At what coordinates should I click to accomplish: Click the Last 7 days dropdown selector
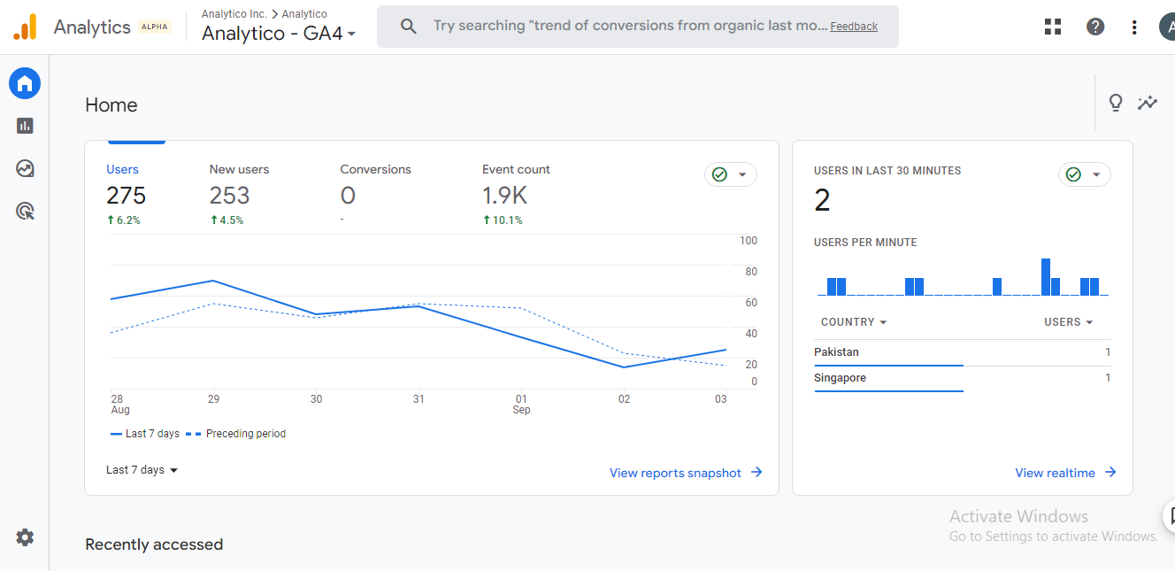point(142,470)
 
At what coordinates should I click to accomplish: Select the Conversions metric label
point(375,169)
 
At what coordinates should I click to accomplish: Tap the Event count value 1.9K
point(504,196)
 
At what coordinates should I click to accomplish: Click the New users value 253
point(229,196)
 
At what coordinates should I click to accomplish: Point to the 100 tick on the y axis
point(749,241)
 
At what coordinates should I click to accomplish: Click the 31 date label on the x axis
point(419,399)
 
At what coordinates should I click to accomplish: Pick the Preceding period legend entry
point(245,434)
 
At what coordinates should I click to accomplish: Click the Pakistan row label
point(836,352)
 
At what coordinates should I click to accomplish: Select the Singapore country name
point(840,378)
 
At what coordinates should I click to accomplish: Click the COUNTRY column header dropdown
point(854,322)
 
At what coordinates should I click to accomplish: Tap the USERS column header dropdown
point(1068,322)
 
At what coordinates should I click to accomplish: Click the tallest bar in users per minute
point(1046,277)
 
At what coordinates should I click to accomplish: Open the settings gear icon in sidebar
point(25,537)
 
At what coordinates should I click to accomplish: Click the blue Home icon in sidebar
point(25,84)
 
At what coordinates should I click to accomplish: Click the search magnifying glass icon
point(408,27)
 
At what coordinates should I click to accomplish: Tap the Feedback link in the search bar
point(854,27)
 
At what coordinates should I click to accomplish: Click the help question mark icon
point(1095,27)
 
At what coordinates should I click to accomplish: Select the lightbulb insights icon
point(1116,104)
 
